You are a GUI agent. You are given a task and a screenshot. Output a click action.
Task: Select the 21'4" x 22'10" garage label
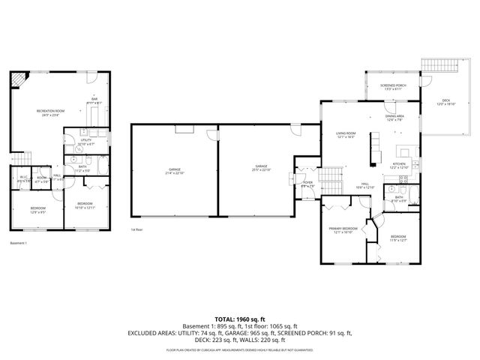pyautogui.click(x=175, y=171)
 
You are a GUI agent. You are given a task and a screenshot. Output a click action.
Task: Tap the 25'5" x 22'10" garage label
pyautogui.click(x=261, y=167)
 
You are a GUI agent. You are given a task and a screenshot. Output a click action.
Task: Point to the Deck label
pyautogui.click(x=447, y=102)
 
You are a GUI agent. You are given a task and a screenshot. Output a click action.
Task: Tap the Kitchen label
pyautogui.click(x=399, y=165)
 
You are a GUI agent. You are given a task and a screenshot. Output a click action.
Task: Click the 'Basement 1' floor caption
pyautogui.click(x=18, y=244)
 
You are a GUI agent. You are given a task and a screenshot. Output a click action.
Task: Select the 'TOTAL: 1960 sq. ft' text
pyautogui.click(x=240, y=319)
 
